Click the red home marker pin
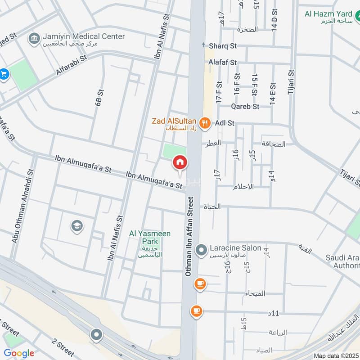coord(180,162)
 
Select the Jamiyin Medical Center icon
coord(34,38)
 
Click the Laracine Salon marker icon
coord(202,248)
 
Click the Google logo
coord(19,353)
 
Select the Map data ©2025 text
coord(336,355)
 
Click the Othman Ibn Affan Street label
coord(189,236)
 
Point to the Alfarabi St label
coord(73,67)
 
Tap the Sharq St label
coord(223,45)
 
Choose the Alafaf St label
coord(222,63)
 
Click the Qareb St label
coord(245,107)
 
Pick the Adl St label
coord(225,122)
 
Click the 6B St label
coord(98,97)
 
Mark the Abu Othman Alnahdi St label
coord(22,207)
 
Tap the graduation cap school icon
coord(76,225)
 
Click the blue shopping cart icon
coord(4,74)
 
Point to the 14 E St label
coord(272,94)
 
